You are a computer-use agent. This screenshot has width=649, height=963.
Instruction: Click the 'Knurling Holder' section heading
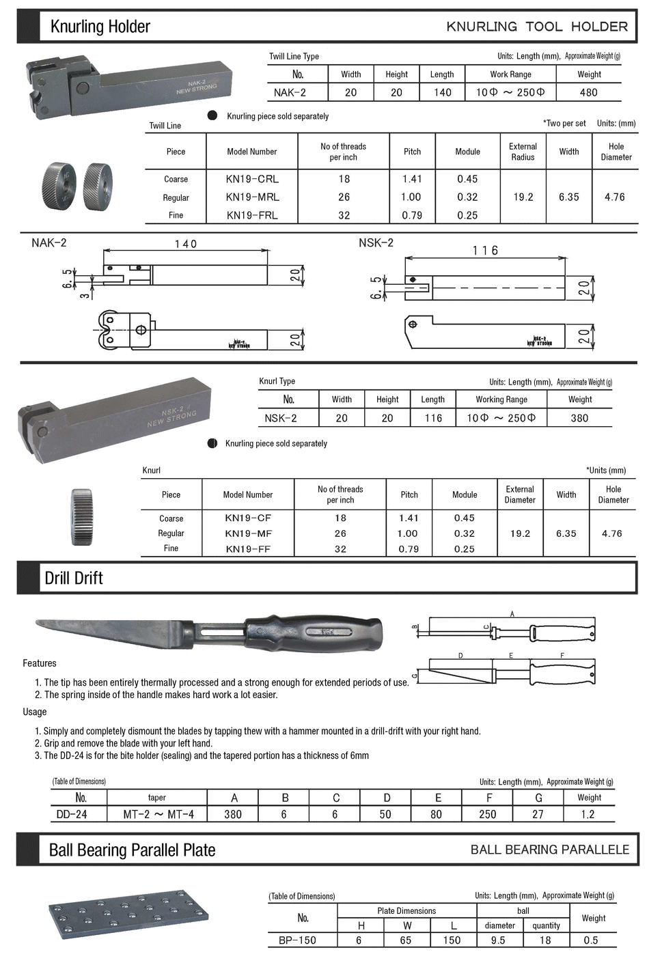[x=100, y=27]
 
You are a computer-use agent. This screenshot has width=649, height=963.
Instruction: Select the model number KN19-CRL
[x=252, y=179]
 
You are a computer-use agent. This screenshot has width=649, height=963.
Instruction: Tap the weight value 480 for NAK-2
[x=588, y=92]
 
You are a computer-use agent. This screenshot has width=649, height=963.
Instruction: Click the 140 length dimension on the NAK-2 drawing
[x=185, y=244]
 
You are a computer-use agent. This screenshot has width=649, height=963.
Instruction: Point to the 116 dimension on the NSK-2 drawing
[x=485, y=251]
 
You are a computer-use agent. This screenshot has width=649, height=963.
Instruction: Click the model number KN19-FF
[x=247, y=548]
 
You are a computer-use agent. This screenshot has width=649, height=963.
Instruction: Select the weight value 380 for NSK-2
[x=579, y=418]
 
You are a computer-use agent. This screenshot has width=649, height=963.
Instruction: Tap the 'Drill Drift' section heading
[x=74, y=578]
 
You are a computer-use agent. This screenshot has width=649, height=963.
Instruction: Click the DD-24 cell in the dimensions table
[x=72, y=814]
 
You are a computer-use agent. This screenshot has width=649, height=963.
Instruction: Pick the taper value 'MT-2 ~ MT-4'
[x=158, y=814]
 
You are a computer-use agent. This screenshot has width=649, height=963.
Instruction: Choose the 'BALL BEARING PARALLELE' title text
[x=550, y=850]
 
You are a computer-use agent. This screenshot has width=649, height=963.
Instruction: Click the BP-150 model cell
[x=297, y=940]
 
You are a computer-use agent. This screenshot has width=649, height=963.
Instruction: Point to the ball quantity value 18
[x=545, y=940]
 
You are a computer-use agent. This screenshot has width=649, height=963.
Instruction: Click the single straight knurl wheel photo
[x=81, y=516]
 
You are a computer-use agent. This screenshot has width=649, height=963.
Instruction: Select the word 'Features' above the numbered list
[x=40, y=663]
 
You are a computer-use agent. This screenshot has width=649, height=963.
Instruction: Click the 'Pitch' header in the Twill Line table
[x=412, y=152]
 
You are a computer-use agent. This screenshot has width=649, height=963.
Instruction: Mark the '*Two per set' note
[x=564, y=124]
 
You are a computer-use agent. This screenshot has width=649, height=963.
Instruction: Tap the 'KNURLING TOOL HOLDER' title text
[x=537, y=27]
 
